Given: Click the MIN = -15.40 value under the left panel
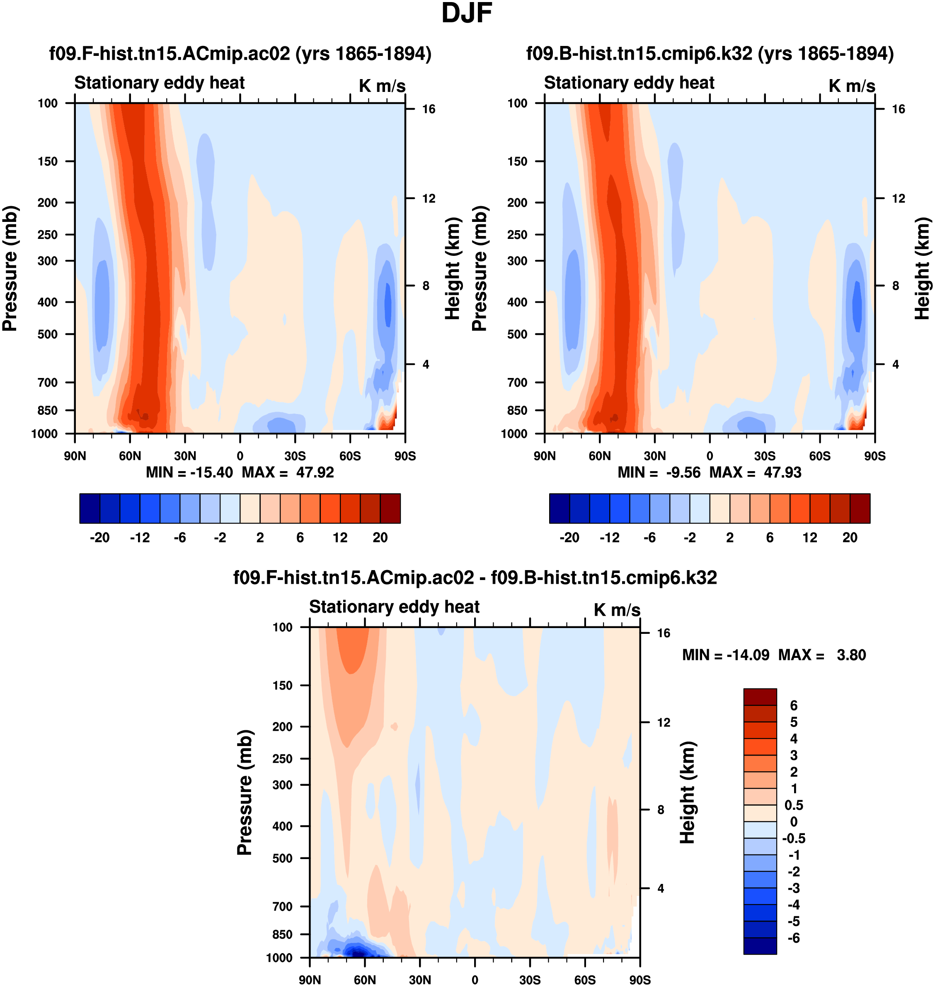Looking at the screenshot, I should coord(189,472).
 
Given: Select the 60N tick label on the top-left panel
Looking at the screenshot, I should coord(130,456).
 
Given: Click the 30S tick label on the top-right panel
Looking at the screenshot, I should coord(765,456).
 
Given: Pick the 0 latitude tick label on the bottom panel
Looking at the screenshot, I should coord(475,980).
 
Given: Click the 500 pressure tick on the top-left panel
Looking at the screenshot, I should coord(47,334).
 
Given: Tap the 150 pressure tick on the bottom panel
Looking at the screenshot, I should coord(282,685).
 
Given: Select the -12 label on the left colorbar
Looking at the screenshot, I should coord(140,537).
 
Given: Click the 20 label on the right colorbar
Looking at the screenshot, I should coord(850,537).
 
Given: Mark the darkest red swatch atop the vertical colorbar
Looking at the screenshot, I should coord(760,697).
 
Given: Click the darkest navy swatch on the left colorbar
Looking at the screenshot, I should coord(90,508).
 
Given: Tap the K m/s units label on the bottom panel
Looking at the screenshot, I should coord(617,610).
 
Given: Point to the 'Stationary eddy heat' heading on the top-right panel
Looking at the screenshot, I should coord(629,83).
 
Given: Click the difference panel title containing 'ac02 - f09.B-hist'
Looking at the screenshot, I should coord(475,578).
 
